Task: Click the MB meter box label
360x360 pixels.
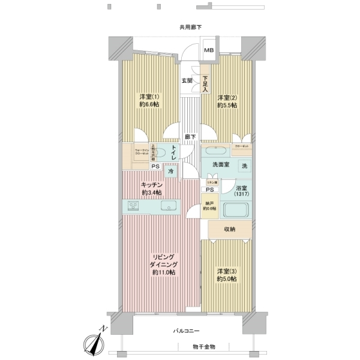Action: click(x=209, y=50)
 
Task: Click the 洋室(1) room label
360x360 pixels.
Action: click(x=149, y=97)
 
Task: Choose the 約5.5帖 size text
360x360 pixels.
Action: click(x=227, y=106)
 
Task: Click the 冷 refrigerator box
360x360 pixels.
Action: click(x=171, y=172)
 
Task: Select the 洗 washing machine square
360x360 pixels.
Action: click(x=244, y=166)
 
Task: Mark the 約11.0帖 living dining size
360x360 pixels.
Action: click(x=163, y=272)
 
